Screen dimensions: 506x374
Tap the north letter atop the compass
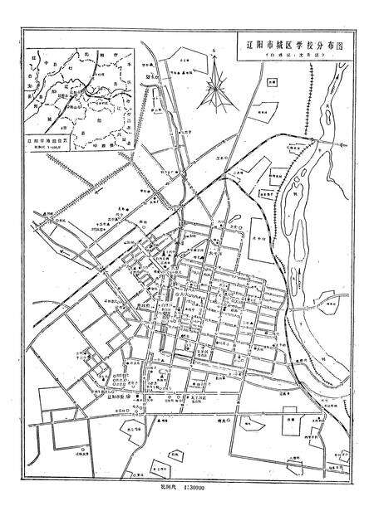pos(214,52)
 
